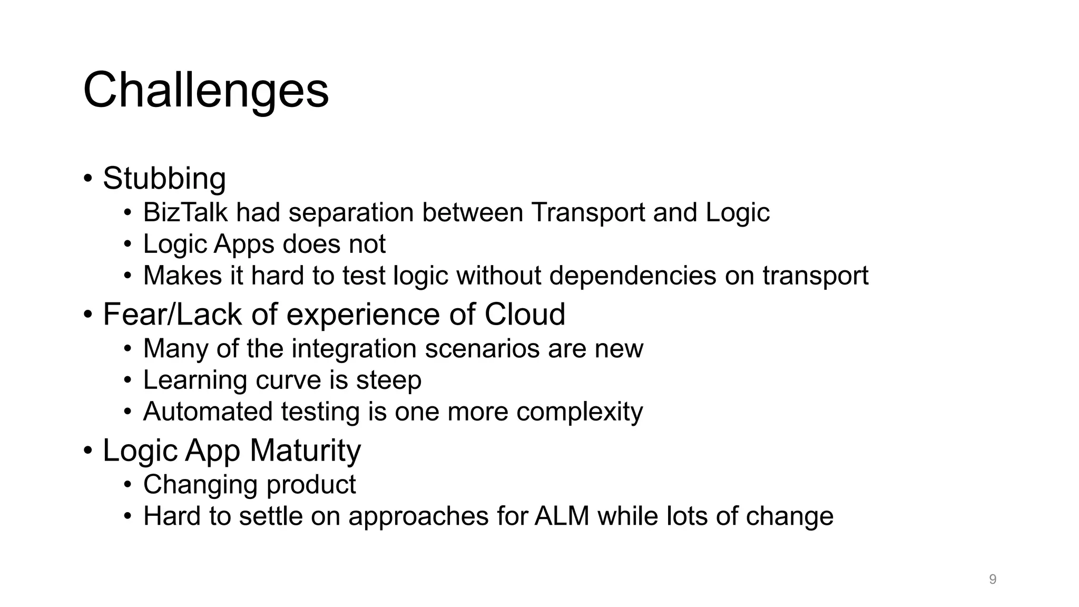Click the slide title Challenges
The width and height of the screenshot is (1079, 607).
(x=206, y=90)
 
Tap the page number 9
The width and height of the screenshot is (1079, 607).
(x=993, y=580)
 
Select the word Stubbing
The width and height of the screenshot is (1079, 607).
(x=164, y=178)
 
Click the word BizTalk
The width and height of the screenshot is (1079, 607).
(x=185, y=212)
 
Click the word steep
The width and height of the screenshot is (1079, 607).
(x=389, y=380)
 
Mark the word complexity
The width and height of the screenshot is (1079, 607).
(x=580, y=411)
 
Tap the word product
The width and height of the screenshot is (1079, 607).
(x=311, y=484)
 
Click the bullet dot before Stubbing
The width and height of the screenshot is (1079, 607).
(x=88, y=178)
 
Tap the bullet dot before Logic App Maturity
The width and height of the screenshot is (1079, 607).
(x=88, y=451)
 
